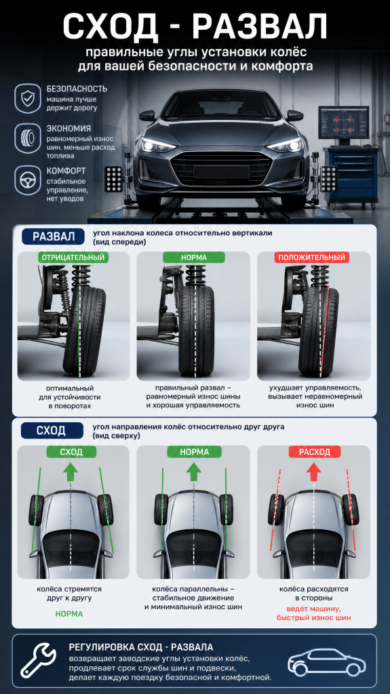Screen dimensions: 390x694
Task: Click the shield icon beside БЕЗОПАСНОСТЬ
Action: coord(28,98)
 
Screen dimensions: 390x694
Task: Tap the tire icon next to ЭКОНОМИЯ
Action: coord(28,138)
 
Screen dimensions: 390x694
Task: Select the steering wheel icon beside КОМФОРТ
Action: coord(28,180)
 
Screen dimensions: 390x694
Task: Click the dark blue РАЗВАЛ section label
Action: coord(53,237)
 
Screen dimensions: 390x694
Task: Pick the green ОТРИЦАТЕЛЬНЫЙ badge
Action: coord(73,257)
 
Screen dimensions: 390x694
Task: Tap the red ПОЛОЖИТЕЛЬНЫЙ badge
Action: coord(312,257)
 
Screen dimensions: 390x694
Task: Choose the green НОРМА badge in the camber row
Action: coord(194,257)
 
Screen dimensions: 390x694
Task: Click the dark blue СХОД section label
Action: coord(52,430)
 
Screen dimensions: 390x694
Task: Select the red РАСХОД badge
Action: coord(315,451)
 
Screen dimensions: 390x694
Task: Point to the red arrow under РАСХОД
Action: coord(314,472)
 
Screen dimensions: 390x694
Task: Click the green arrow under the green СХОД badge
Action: coord(71,472)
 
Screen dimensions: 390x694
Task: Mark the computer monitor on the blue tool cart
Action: coord(343,125)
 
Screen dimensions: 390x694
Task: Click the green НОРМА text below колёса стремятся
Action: coord(69,614)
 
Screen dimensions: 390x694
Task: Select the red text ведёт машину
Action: coord(314,609)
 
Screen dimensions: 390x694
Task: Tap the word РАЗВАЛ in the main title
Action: coord(260,26)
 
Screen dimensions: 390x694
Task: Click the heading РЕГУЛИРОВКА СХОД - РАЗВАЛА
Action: coord(141,647)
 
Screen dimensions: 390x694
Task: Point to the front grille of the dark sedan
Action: coord(220,168)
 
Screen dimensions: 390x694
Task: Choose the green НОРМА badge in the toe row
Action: coord(194,451)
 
